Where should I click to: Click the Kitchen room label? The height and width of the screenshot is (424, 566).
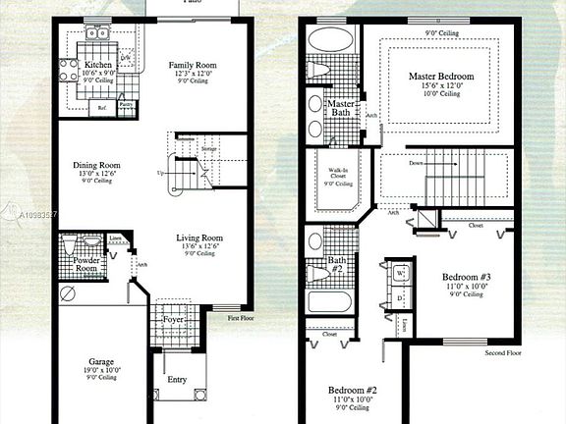[98, 65]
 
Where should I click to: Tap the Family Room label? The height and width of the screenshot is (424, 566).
[192, 65]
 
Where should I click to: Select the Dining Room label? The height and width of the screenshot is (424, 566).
[96, 166]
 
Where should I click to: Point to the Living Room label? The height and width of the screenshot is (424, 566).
[199, 238]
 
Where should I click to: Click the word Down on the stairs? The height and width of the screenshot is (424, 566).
[417, 163]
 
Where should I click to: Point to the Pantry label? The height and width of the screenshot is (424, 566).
[126, 102]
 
